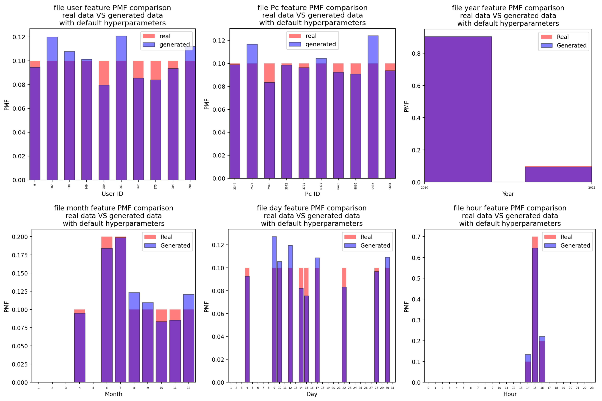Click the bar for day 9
(274, 320)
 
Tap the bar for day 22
(344, 332)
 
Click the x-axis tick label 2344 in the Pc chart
(235, 186)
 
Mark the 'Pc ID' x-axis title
(312, 194)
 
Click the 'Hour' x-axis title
(510, 394)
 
